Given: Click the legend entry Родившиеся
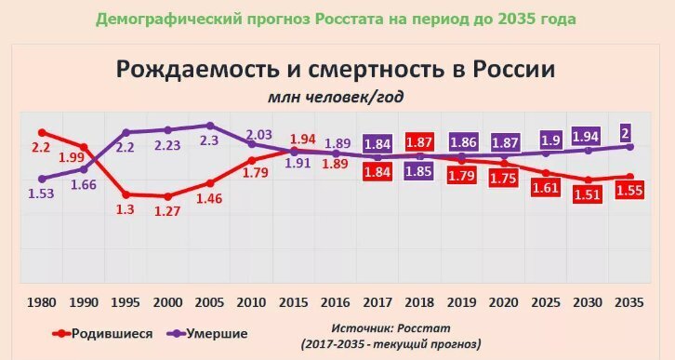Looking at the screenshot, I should tap(102, 333).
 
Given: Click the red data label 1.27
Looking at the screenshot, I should tap(168, 211).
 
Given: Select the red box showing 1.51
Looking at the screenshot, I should tap(589, 193).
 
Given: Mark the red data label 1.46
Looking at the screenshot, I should tap(210, 199).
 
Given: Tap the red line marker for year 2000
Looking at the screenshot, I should tap(168, 196).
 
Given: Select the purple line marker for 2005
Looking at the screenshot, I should tap(210, 126).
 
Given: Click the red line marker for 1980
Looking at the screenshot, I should tap(42, 133).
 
